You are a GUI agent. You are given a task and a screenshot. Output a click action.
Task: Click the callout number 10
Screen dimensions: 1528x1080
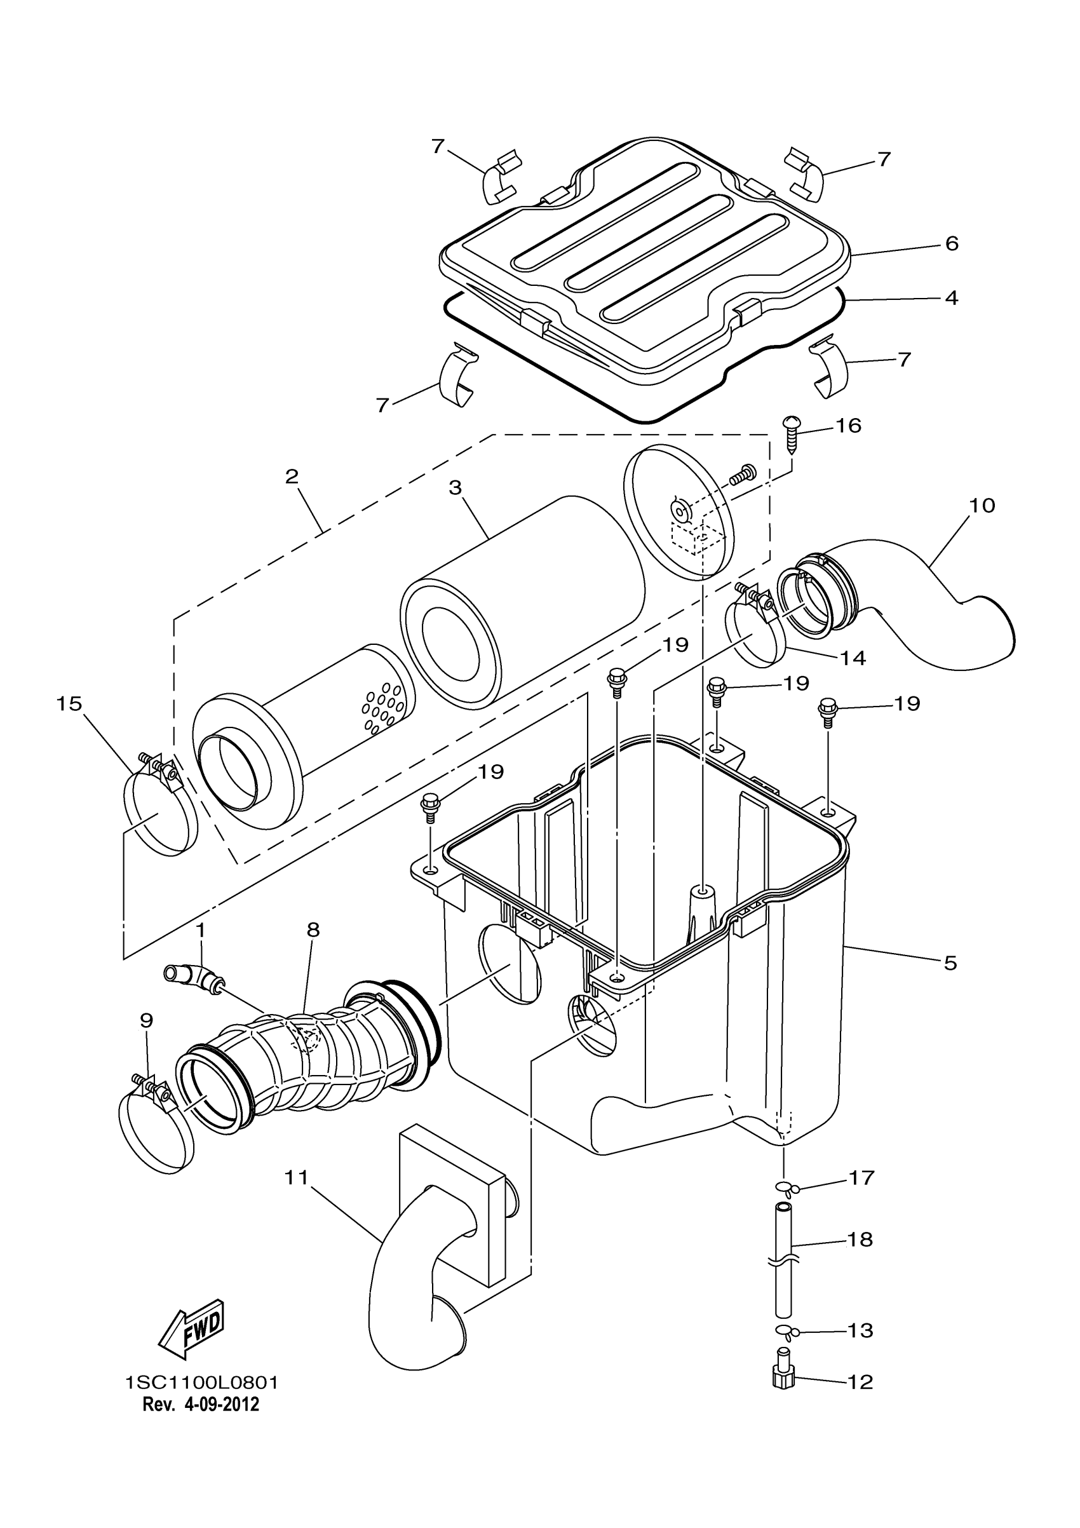(x=982, y=505)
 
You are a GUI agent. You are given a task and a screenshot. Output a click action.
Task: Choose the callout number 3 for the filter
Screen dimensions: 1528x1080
(x=455, y=488)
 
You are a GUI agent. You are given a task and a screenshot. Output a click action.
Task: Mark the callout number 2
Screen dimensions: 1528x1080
(x=292, y=477)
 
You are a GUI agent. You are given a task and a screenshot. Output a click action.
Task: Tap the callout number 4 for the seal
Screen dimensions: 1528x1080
(x=952, y=297)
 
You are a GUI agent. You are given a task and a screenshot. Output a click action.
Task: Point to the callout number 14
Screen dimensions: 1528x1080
(x=853, y=658)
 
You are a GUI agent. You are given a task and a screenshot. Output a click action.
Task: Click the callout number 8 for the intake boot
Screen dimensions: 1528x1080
(x=313, y=930)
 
